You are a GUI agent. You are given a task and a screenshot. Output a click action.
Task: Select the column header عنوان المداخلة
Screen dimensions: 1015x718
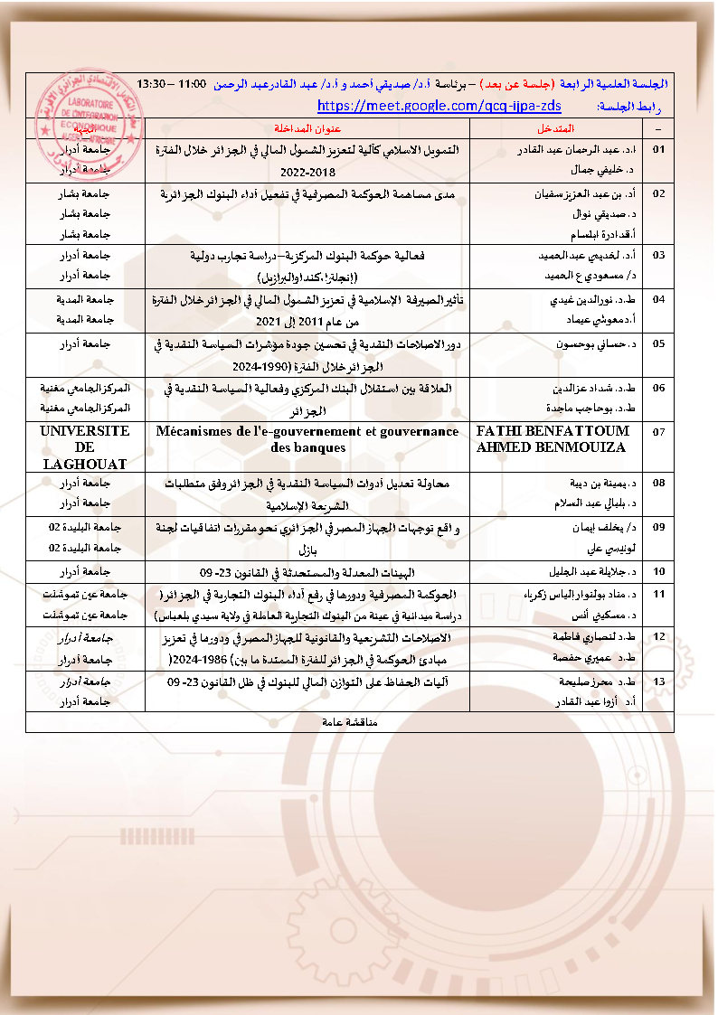tap(306, 127)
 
